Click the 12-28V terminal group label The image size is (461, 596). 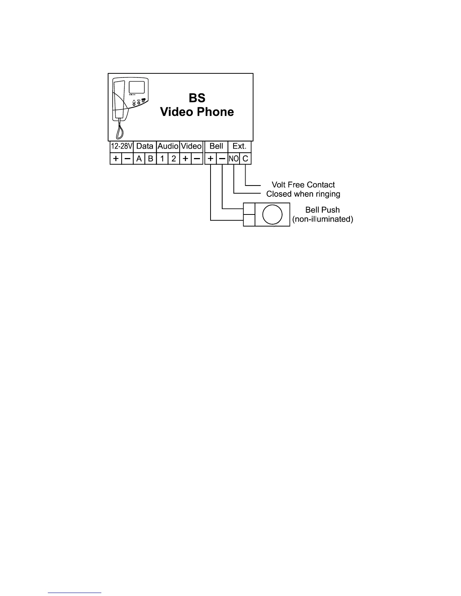[121, 146]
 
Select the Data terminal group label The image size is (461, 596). [145, 146]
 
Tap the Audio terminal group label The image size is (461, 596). [168, 146]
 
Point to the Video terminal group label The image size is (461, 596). [191, 146]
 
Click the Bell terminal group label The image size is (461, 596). [216, 146]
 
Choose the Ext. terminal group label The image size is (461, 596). [240, 146]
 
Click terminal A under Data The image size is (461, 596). [139, 159]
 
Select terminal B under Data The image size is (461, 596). [150, 159]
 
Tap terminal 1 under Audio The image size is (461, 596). [162, 159]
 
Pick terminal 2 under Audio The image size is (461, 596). [174, 159]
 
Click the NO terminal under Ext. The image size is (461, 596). [234, 159]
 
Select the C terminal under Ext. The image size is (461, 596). [245, 159]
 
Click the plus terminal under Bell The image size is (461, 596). [211, 159]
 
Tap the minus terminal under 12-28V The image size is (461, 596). [127, 159]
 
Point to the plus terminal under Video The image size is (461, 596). [185, 159]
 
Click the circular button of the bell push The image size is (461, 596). [272, 214]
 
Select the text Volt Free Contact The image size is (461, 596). [303, 185]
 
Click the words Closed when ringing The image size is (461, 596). [303, 194]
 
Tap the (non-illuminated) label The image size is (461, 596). [323, 219]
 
